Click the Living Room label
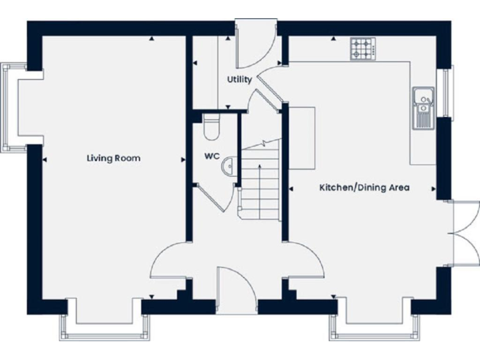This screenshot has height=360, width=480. pyautogui.click(x=113, y=158)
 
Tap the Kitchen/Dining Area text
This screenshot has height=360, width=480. pyautogui.click(x=364, y=187)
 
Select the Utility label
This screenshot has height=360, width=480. pyautogui.click(x=239, y=79)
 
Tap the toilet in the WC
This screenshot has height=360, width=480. pyautogui.click(x=211, y=126)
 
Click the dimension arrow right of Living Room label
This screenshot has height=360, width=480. pyautogui.click(x=183, y=160)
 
